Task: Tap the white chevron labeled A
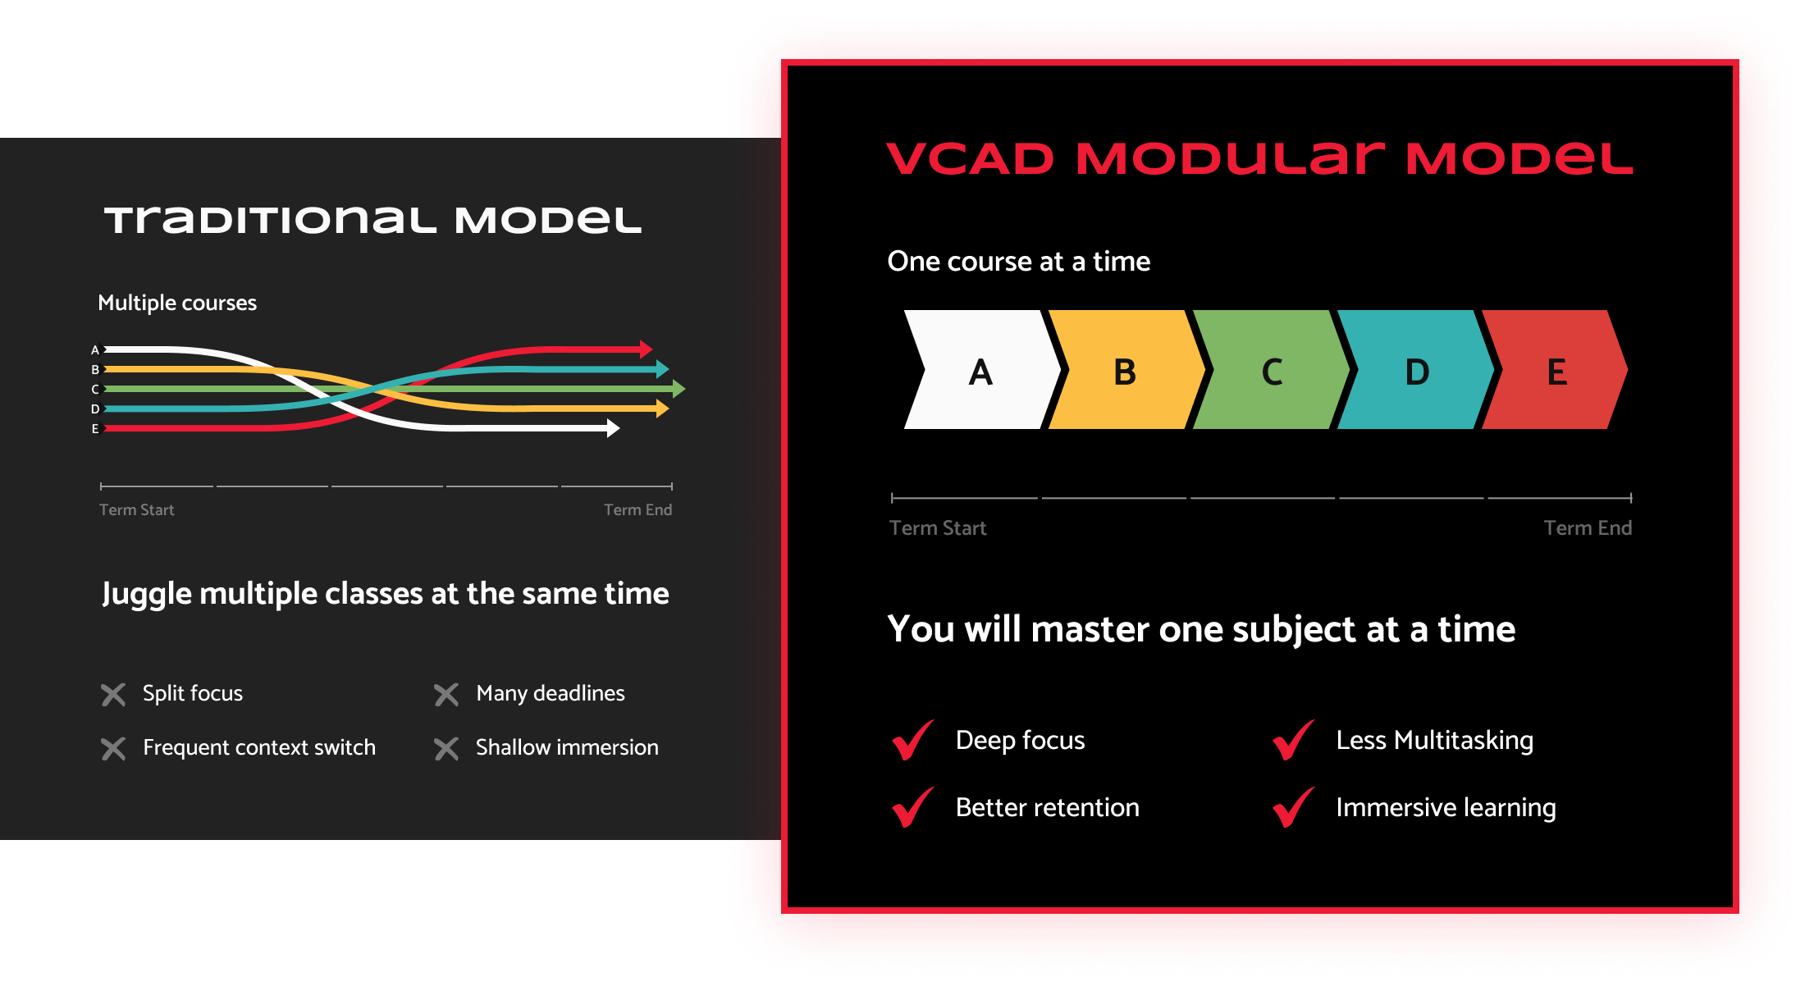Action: tap(981, 370)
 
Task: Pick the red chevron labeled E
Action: tap(1556, 370)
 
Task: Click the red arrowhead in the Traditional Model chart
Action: tap(647, 349)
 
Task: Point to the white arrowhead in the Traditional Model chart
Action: tap(613, 428)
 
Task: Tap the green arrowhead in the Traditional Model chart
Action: tap(679, 389)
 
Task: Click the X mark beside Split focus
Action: tap(113, 695)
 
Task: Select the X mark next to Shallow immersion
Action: tap(446, 749)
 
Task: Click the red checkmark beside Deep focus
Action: tap(912, 740)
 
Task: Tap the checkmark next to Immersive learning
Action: tap(1293, 807)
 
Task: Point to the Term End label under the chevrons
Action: tap(1588, 528)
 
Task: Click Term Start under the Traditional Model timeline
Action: tap(137, 510)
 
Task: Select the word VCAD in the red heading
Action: tap(971, 159)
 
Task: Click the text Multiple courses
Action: tap(177, 304)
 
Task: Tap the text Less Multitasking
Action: tap(1435, 741)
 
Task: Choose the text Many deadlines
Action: tap(551, 694)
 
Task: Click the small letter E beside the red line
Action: tap(95, 429)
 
